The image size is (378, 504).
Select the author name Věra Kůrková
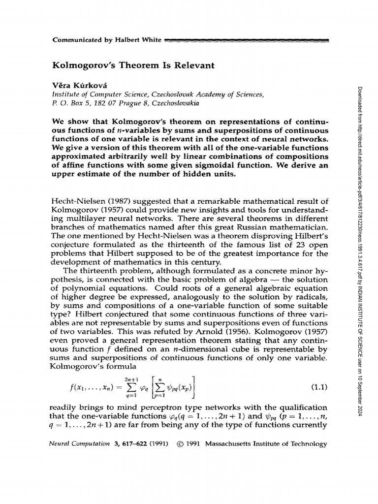79,85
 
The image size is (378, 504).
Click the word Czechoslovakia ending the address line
179,103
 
